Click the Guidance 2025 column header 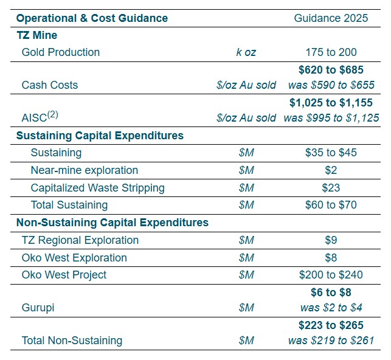331,18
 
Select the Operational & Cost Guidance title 92,18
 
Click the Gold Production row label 61,52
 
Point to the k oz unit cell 246,52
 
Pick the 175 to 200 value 331,52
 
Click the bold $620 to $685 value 331,70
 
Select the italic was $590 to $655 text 331,85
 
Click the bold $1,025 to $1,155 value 331,103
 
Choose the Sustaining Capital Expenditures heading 100,136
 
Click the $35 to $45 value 331,153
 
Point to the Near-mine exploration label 85,170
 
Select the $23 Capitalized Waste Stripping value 331,188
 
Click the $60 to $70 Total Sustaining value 331,205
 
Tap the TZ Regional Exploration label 80,240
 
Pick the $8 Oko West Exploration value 331,258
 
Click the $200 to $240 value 331,275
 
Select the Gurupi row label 38,308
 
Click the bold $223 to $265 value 331,325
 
